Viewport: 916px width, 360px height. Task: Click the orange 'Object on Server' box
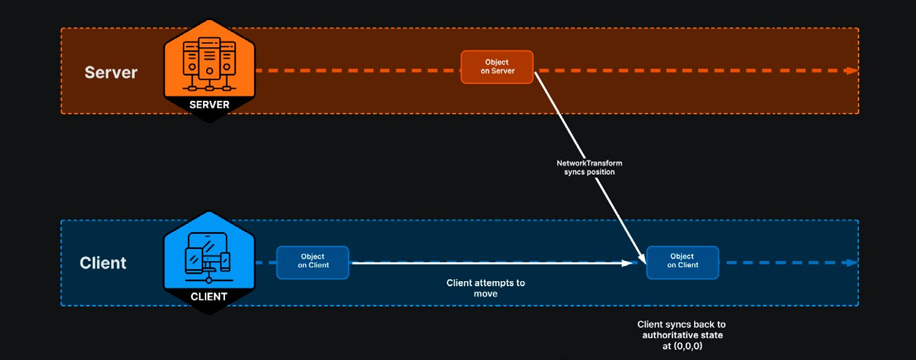[497, 67]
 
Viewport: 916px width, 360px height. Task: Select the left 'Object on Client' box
[313, 263]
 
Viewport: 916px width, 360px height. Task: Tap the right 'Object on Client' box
[683, 263]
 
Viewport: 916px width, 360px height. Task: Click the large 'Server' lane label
[111, 73]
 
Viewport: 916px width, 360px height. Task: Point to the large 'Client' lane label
[103, 263]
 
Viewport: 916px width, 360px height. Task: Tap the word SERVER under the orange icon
[209, 105]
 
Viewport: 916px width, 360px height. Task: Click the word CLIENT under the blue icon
[209, 296]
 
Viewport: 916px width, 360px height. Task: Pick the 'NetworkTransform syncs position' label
[589, 167]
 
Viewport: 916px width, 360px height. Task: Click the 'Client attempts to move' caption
[486, 288]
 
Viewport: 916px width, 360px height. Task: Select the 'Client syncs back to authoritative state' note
[681, 335]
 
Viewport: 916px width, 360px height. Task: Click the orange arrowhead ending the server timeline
[852, 71]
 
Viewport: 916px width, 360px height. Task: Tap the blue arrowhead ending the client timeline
[852, 263]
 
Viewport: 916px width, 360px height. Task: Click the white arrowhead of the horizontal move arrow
[627, 263]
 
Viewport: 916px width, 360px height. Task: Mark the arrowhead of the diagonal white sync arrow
[642, 258]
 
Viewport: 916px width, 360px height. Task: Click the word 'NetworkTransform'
[589, 163]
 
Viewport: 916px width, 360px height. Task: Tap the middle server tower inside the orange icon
[209, 59]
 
